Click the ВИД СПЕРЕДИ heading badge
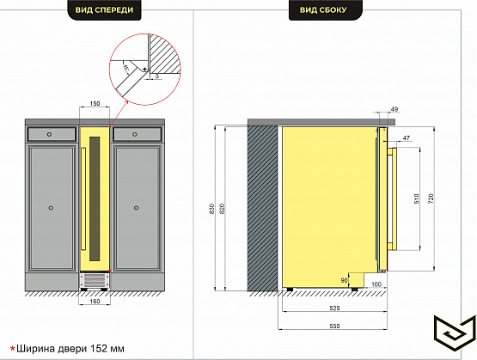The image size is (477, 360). coord(104,10)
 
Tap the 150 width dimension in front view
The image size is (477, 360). coord(95,104)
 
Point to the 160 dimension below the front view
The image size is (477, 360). coord(95,302)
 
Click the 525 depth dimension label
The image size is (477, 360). coord(334,308)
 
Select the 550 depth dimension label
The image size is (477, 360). coord(334,326)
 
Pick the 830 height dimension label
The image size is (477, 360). coord(212,209)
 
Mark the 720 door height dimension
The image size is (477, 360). coord(431,198)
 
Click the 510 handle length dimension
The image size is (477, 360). coord(417,198)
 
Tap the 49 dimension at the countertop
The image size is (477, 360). coord(394,109)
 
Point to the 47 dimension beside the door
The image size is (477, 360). coord(407,138)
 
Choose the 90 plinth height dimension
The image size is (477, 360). coord(344,280)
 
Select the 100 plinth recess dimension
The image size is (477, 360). coord(376,284)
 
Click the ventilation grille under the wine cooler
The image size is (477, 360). coord(95,280)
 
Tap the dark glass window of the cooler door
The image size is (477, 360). coord(95,198)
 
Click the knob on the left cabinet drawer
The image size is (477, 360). coord(49,134)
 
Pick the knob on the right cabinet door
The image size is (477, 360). coord(137,208)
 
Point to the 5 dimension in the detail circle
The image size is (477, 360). coord(157,76)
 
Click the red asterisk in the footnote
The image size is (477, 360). coord(13,349)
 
